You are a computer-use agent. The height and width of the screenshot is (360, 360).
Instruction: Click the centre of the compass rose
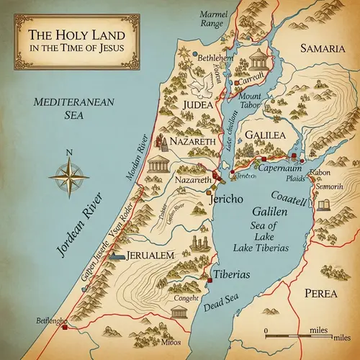pyautogui.click(x=69, y=176)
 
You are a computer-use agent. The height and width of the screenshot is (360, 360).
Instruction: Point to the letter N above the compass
pyautogui.click(x=69, y=152)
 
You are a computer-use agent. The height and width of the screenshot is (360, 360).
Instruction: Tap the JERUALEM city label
pyautogui.click(x=150, y=256)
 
